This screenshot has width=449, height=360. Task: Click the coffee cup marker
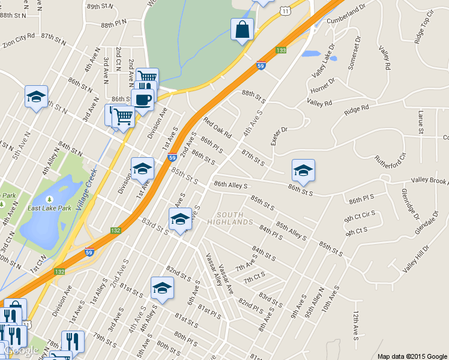click(x=143, y=100)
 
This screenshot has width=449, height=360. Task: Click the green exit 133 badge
click(x=281, y=50)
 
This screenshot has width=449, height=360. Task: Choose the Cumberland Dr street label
click(x=347, y=16)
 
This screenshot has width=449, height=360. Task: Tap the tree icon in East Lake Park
click(x=49, y=199)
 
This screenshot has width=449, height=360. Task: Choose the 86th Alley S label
click(x=231, y=186)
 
